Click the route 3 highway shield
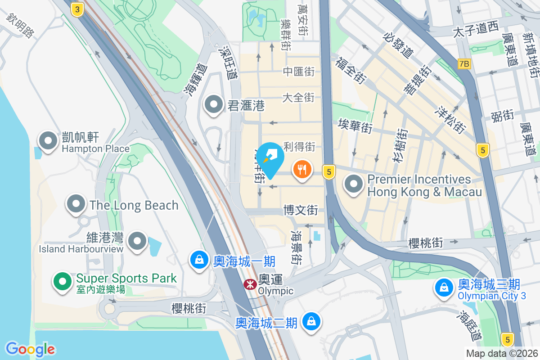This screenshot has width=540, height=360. click(x=78, y=9)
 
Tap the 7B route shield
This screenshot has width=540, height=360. click(x=464, y=64)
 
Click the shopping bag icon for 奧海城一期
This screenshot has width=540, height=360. click(x=198, y=260)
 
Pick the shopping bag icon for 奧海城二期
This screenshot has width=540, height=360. click(x=310, y=321)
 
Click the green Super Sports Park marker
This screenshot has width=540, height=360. click(x=63, y=282)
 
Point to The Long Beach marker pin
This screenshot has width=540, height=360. click(x=76, y=204)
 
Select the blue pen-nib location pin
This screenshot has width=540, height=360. click(x=271, y=158)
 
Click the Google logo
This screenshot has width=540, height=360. click(x=31, y=348)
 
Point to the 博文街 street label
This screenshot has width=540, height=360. click(x=301, y=210)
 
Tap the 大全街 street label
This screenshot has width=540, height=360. click(x=298, y=97)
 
